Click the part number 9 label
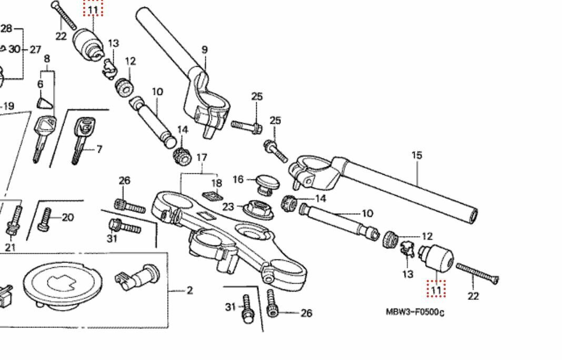click(204, 50)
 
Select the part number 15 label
click(417, 155)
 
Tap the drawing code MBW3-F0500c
click(415, 313)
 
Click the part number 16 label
click(238, 179)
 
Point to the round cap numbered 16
click(264, 183)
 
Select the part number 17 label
click(202, 157)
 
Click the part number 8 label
click(47, 59)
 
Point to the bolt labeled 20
click(45, 219)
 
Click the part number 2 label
click(190, 290)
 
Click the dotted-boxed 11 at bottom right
click(436, 289)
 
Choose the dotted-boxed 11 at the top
click(93, 9)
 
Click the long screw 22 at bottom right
click(476, 274)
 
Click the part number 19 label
click(8, 106)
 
